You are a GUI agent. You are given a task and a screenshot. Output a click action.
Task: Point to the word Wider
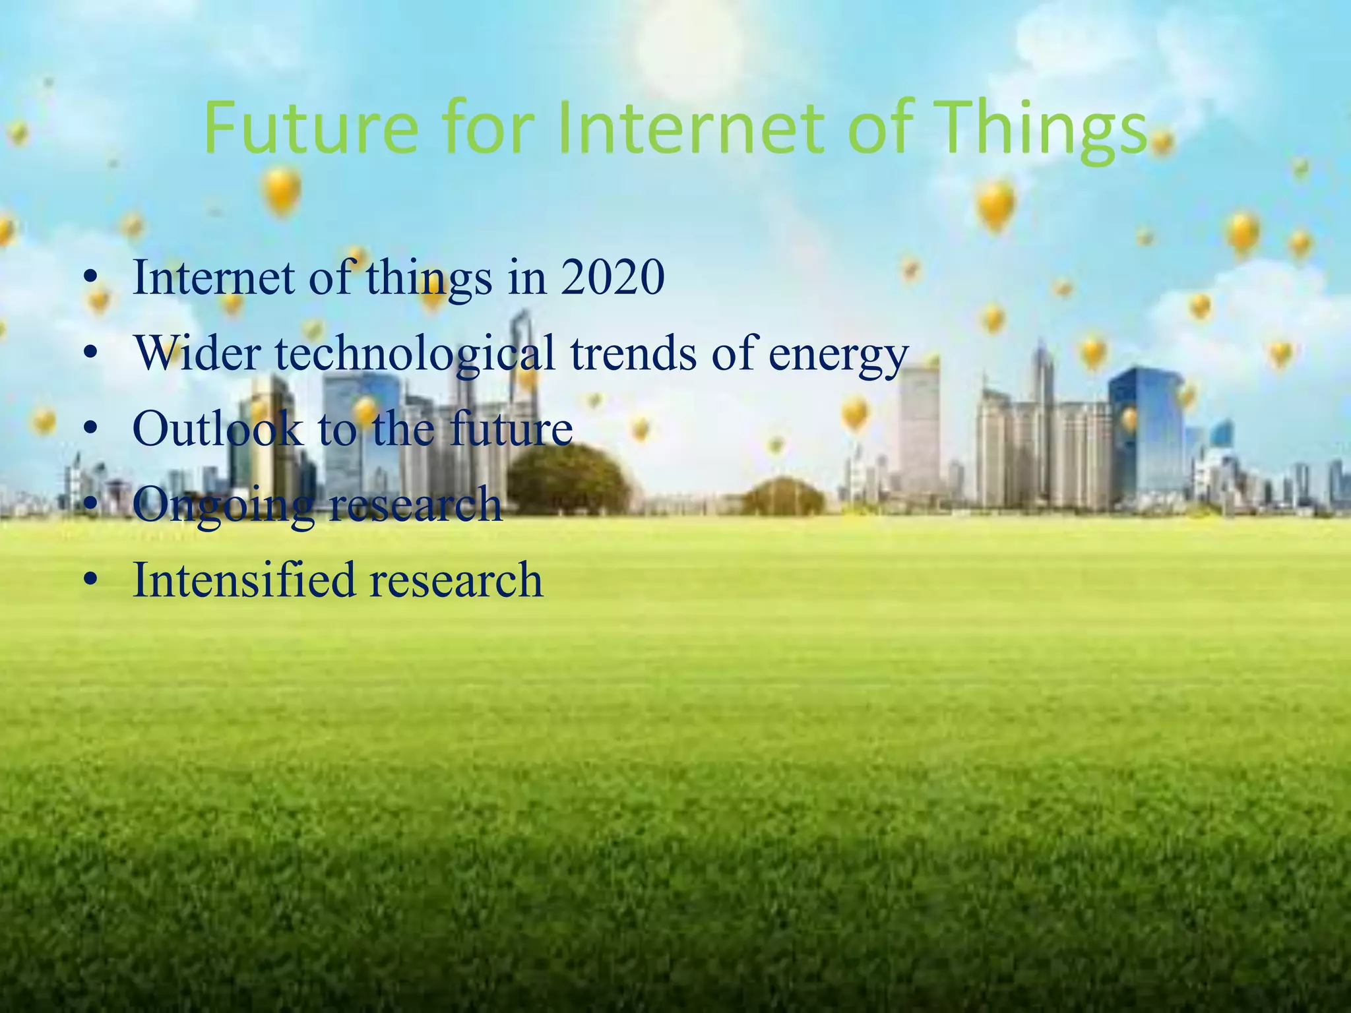click(x=198, y=353)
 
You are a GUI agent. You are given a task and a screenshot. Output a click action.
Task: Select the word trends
click(x=633, y=353)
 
